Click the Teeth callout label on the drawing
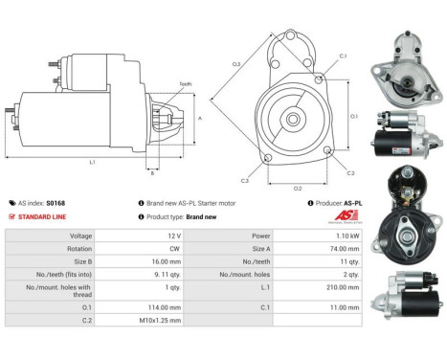pyautogui.click(x=185, y=84)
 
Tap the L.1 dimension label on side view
pyautogui.click(x=93, y=163)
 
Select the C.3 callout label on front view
pyautogui.click(x=245, y=180)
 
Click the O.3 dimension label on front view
pyautogui.click(x=235, y=64)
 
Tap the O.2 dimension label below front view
pyautogui.click(x=298, y=188)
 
